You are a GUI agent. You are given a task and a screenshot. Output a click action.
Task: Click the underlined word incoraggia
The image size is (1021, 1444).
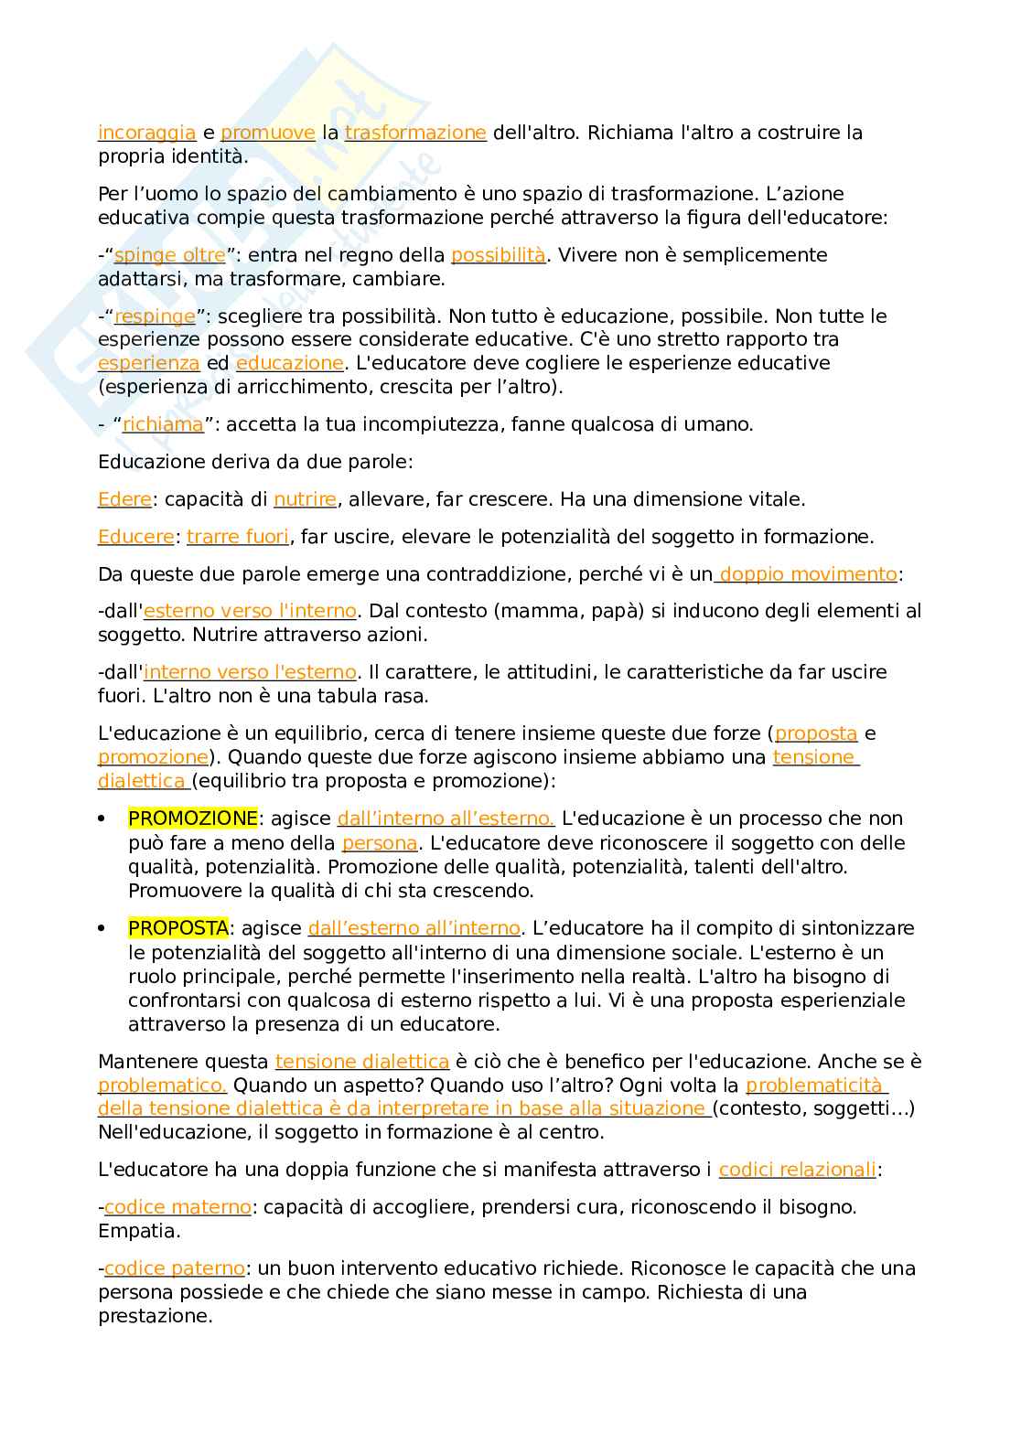(x=146, y=133)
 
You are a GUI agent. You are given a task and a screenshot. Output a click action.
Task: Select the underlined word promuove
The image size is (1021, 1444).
(x=268, y=133)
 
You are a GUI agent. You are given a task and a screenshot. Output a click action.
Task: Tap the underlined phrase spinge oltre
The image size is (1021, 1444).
(x=169, y=255)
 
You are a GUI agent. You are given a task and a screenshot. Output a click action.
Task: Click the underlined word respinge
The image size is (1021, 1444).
(x=155, y=316)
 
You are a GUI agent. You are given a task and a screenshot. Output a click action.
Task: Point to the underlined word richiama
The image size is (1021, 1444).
(x=163, y=424)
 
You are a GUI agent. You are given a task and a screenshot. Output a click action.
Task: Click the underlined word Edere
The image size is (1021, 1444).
(x=124, y=499)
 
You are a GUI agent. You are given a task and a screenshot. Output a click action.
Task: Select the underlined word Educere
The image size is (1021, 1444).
(x=135, y=537)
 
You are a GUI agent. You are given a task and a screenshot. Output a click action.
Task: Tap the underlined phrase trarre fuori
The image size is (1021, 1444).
(x=238, y=537)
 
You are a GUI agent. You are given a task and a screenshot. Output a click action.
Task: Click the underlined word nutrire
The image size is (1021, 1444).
(x=306, y=499)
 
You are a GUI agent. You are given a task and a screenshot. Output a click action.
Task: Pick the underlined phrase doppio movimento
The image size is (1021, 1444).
(x=808, y=574)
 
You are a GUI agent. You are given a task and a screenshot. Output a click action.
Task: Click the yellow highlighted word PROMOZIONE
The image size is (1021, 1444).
(x=193, y=818)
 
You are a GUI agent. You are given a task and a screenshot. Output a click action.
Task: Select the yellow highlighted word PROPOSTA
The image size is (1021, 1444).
(x=178, y=928)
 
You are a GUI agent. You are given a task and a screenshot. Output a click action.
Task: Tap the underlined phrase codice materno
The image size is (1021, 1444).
(x=177, y=1207)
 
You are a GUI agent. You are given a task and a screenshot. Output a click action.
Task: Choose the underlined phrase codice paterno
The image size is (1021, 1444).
(x=175, y=1268)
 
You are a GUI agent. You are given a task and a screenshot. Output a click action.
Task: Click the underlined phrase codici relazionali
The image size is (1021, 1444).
(x=797, y=1170)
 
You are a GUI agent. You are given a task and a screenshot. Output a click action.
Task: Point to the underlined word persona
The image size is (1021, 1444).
(x=380, y=843)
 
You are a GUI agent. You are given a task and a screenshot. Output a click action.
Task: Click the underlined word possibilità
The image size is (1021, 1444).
(x=499, y=255)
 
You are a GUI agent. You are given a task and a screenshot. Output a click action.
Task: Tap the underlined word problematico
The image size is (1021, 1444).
(x=162, y=1086)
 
